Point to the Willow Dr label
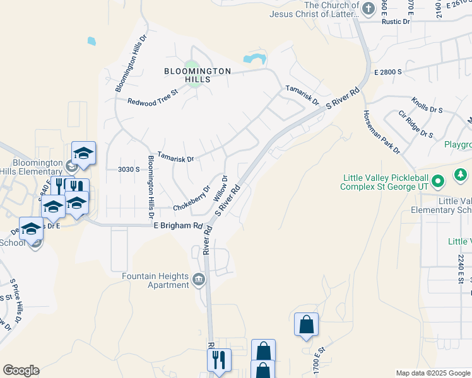point(220,188)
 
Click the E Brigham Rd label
point(178,226)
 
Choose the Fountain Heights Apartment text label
point(156,281)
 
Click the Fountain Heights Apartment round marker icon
point(199,278)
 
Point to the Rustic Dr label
point(396,21)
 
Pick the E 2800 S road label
point(387,72)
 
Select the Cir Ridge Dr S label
point(415,125)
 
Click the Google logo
point(21,370)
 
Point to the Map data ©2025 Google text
point(432,373)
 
